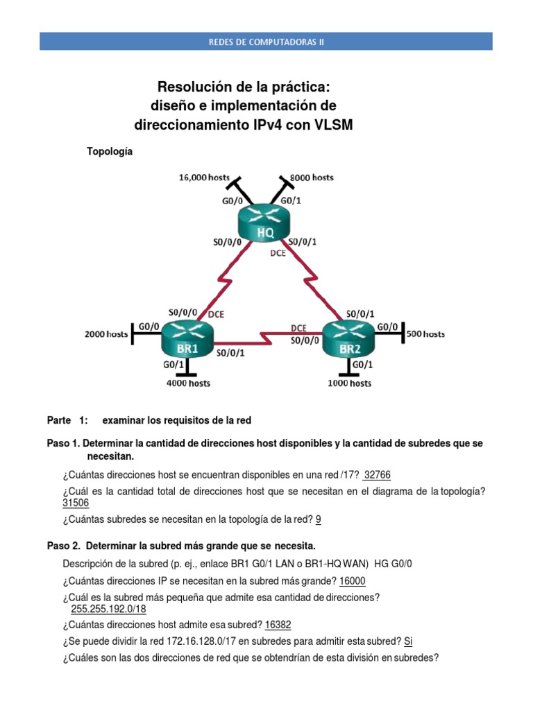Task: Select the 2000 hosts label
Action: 106,334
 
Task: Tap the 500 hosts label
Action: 425,334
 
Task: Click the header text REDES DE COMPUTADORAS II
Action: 266,42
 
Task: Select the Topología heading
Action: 108,151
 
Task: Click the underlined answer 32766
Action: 378,475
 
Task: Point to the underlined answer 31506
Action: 76,503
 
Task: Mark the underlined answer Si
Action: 408,641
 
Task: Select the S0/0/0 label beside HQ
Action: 227,243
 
